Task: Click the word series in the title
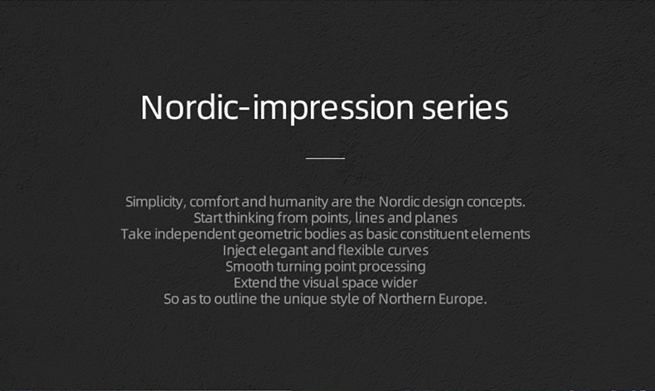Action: (465, 107)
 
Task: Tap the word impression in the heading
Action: (333, 108)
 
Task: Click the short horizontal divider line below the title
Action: (325, 158)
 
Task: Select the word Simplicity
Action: (154, 202)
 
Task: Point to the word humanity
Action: (299, 202)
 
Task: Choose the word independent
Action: (195, 234)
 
